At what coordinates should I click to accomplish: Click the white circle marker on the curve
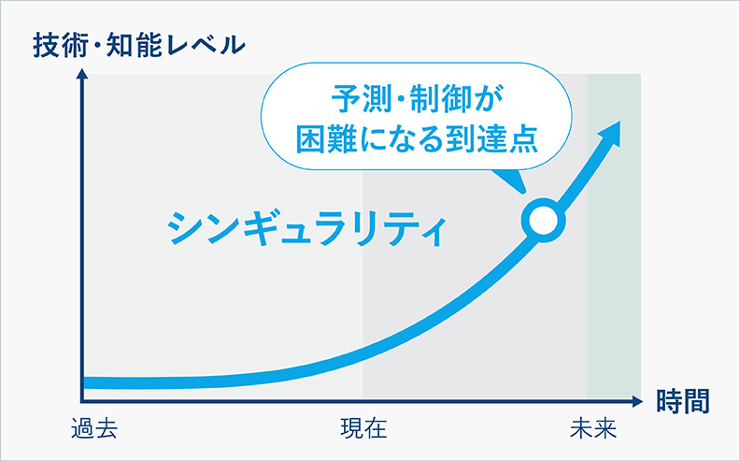click(x=542, y=220)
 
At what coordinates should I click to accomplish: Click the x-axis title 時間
click(x=682, y=400)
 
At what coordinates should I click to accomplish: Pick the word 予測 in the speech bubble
click(x=358, y=96)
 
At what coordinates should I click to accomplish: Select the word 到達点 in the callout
click(x=499, y=137)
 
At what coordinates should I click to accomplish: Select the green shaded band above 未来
click(x=614, y=281)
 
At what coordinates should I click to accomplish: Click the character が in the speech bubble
click(x=491, y=96)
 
